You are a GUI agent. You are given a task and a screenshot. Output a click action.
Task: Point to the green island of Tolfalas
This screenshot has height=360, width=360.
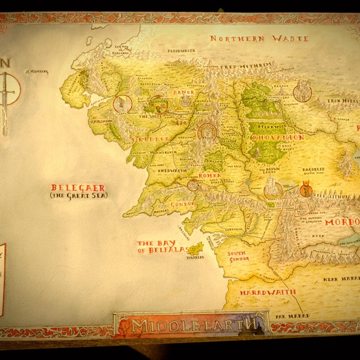pyautogui.click(x=195, y=248)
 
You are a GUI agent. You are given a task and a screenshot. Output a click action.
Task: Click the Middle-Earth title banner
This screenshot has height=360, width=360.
pyautogui.click(x=191, y=325)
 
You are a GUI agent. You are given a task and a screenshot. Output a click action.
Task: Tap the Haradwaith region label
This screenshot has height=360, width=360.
pyautogui.click(x=268, y=292)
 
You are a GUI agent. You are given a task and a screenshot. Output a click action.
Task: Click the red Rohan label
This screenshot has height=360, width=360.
pyautogui.click(x=210, y=176)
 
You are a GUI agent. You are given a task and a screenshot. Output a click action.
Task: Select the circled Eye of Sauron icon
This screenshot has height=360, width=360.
pyautogui.click(x=306, y=190)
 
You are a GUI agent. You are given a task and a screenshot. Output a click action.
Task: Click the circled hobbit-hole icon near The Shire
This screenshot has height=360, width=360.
pyautogui.click(x=122, y=104)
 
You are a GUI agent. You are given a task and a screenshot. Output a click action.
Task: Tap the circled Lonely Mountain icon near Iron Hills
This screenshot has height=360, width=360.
pyautogui.click(x=302, y=92)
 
